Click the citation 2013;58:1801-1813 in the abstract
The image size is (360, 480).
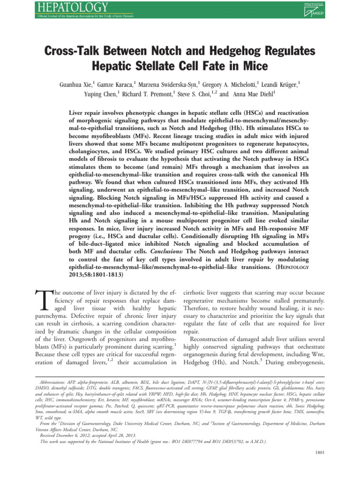96,275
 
